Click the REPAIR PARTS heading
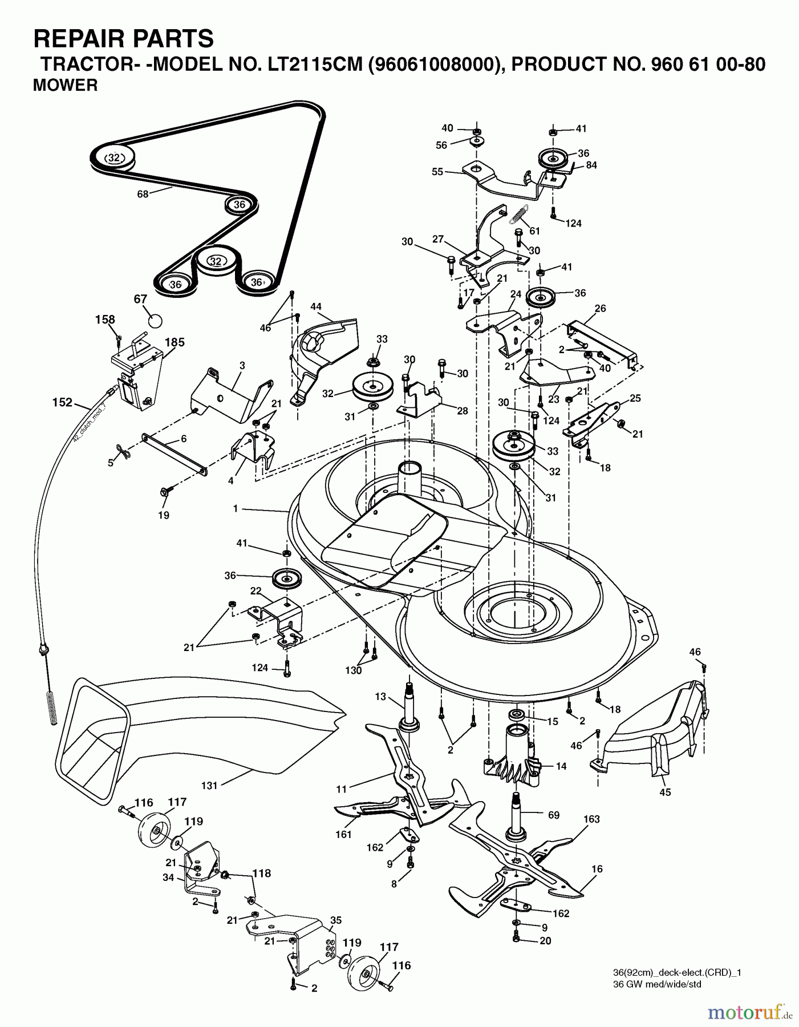[124, 39]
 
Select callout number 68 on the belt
[143, 194]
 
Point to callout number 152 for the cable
[62, 402]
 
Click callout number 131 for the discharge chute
[209, 786]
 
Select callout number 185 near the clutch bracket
[175, 343]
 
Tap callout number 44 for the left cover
[316, 307]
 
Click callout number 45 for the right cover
[665, 792]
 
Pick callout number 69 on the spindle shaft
[553, 815]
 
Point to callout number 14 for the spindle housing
[561, 766]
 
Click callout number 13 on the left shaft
[380, 697]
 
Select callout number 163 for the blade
[591, 819]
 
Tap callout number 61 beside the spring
[534, 231]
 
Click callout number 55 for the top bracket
[437, 171]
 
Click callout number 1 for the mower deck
[235, 508]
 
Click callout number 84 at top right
[591, 165]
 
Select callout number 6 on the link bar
[183, 439]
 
